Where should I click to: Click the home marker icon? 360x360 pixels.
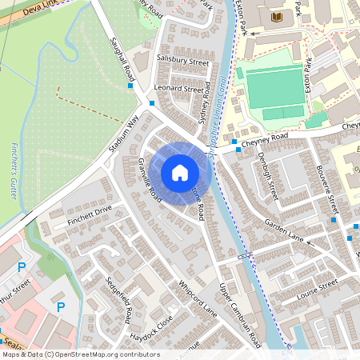pyautogui.click(x=180, y=173)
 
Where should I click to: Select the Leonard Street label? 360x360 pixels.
pyautogui.click(x=178, y=90)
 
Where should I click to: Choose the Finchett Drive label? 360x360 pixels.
pyautogui.click(x=90, y=215)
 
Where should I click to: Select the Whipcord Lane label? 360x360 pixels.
pyautogui.click(x=198, y=298)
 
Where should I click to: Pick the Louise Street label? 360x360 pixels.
pyautogui.click(x=318, y=288)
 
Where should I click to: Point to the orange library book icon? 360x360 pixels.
pyautogui.click(x=277, y=17)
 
